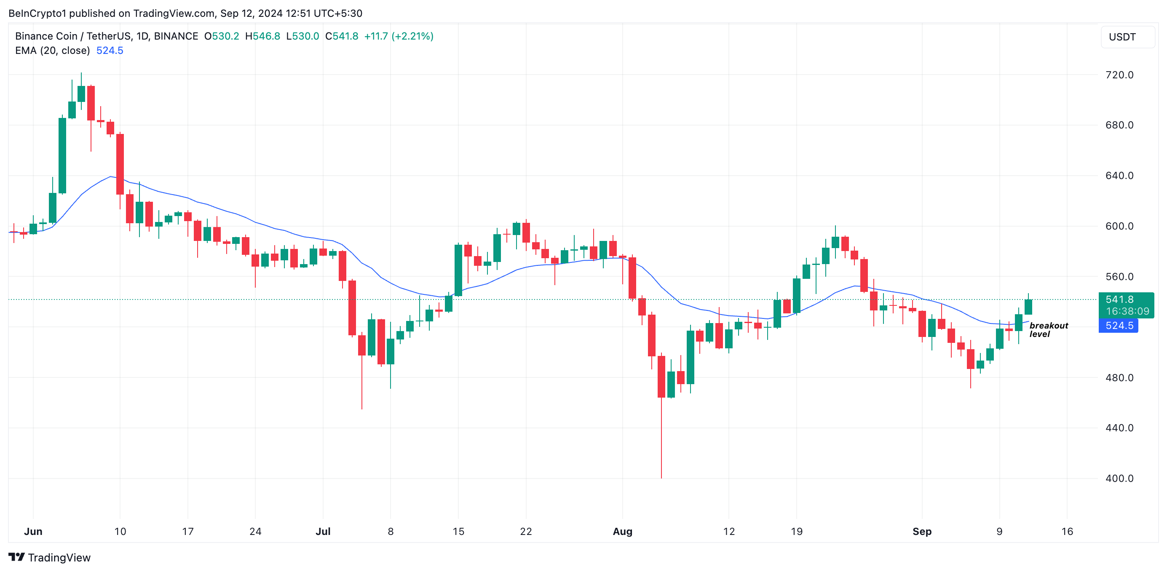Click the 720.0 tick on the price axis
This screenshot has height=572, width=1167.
(x=1119, y=75)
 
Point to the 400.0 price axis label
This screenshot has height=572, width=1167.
(x=1119, y=478)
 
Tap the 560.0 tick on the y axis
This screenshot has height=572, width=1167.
(x=1119, y=277)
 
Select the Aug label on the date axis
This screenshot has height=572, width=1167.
(x=622, y=531)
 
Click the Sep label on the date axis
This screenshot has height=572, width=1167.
(x=921, y=531)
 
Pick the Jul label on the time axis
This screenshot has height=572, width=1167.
(x=323, y=531)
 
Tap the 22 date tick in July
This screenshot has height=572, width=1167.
(x=525, y=531)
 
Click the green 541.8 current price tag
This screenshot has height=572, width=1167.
(x=1126, y=305)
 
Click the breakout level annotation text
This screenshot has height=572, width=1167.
(x=1048, y=330)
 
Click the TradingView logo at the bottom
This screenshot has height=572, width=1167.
(x=49, y=558)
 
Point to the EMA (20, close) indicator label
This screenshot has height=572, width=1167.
(x=52, y=50)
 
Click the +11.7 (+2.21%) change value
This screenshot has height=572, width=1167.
(x=398, y=36)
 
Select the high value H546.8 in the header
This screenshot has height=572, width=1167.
(x=262, y=36)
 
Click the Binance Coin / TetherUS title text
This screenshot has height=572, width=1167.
(x=75, y=36)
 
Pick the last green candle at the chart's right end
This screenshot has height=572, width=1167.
(x=1028, y=307)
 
